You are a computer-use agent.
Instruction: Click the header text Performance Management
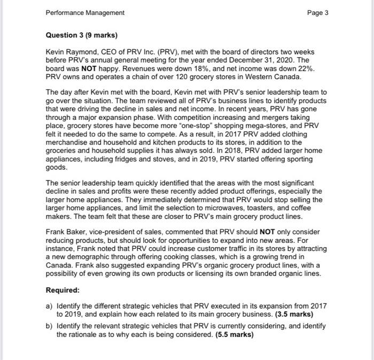click(x=85, y=12)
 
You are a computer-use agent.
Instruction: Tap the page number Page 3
click(x=318, y=12)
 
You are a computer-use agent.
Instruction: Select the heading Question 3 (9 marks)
click(x=82, y=36)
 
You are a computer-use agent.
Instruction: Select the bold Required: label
click(x=64, y=289)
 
